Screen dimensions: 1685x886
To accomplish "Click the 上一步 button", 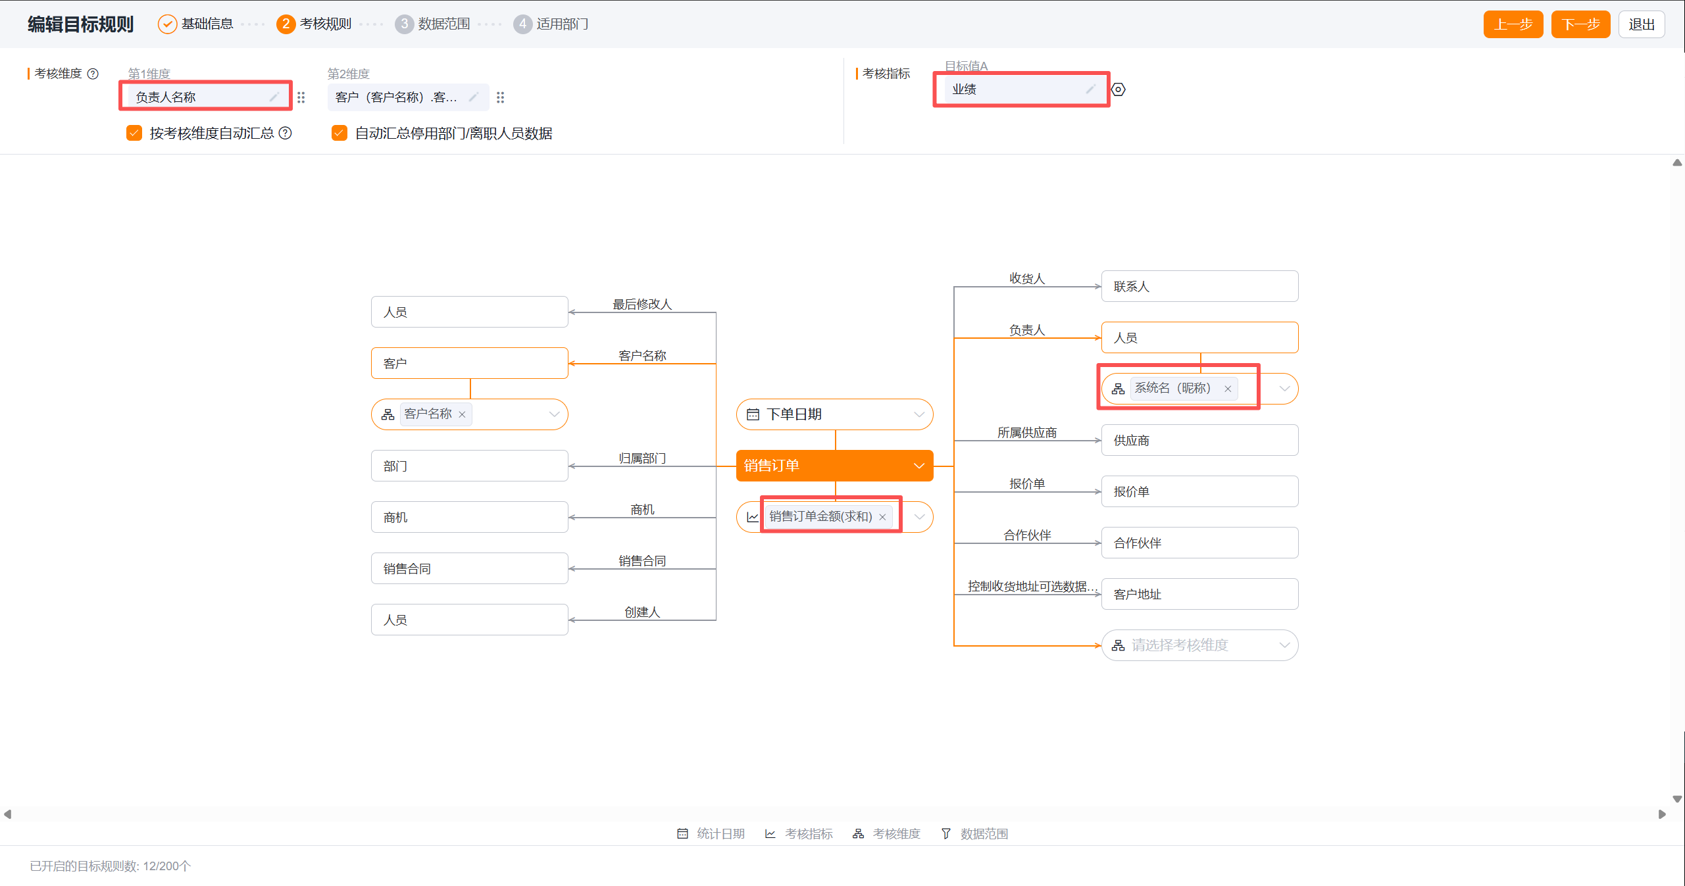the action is (x=1513, y=24).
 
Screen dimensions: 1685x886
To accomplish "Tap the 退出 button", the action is (x=1641, y=24).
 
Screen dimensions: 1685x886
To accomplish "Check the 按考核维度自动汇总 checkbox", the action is (x=134, y=133).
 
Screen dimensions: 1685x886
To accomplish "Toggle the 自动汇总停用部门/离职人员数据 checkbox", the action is (x=340, y=133).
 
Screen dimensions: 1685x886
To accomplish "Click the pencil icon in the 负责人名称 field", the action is (x=274, y=97).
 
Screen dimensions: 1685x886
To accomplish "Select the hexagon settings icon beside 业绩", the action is (x=1119, y=89).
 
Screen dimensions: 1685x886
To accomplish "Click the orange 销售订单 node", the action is (x=834, y=466).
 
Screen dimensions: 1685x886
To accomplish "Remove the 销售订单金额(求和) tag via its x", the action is (x=882, y=517).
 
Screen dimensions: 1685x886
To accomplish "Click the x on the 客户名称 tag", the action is (x=462, y=414).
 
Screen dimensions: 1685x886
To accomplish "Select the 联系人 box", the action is (x=1199, y=286).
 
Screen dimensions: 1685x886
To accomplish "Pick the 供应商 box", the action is (x=1199, y=440).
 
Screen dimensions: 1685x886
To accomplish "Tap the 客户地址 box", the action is (x=1199, y=594).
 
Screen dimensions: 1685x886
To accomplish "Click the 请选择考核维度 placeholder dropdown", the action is (x=1199, y=645).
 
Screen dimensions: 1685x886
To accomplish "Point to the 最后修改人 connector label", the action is (x=642, y=304).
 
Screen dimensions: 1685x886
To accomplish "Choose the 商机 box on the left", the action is (x=469, y=517).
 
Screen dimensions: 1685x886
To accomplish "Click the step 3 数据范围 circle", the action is (x=404, y=24).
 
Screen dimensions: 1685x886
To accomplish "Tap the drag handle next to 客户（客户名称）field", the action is (x=501, y=97).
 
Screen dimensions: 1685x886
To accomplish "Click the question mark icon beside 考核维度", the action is (x=93, y=74).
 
